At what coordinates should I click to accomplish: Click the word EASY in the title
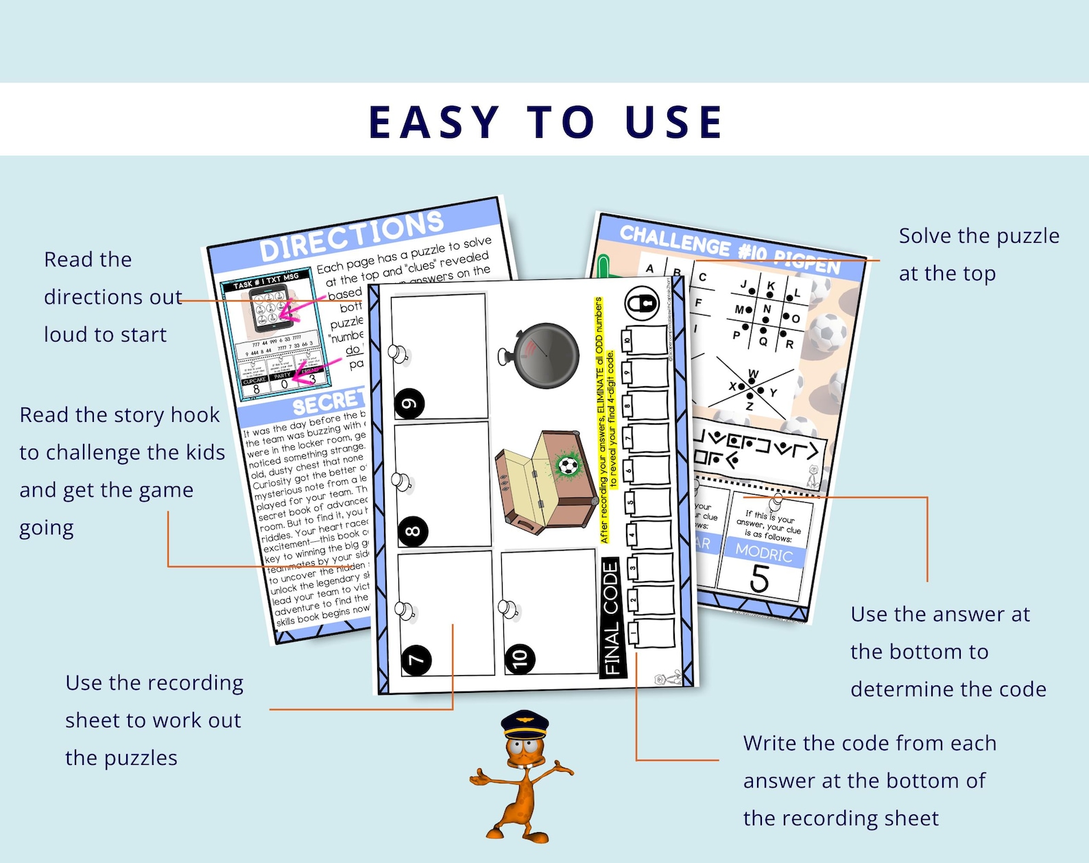(434, 122)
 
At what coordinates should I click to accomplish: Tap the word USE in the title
(674, 122)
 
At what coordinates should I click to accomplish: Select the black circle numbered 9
(409, 403)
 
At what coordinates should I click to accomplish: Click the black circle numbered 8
(413, 531)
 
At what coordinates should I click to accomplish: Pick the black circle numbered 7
(416, 660)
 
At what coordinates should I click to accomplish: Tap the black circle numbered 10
(520, 659)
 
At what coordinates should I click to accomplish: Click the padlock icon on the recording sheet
(643, 303)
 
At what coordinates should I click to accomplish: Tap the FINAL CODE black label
(610, 617)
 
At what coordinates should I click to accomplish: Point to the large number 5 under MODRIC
(759, 578)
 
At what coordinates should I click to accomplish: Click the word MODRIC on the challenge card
(764, 553)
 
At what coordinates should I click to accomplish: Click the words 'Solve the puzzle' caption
(979, 236)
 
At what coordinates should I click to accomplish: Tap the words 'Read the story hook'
(119, 415)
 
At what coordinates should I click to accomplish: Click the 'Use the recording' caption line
(154, 683)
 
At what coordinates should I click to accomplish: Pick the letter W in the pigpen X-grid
(753, 374)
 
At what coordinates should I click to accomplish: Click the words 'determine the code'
(948, 689)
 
